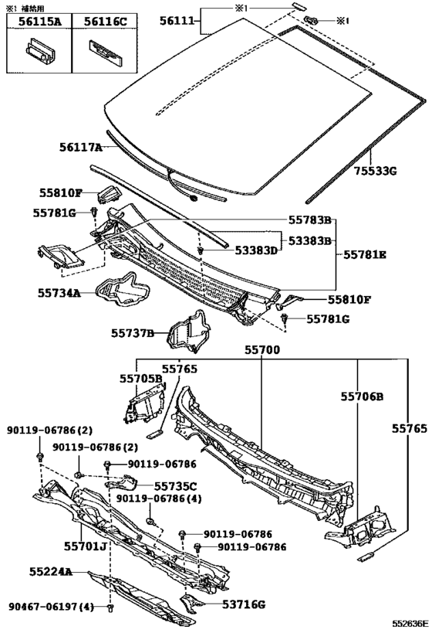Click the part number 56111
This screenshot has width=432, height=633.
(x=177, y=21)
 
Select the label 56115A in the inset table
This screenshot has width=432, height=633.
(x=39, y=22)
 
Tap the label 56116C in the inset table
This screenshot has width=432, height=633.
(x=105, y=22)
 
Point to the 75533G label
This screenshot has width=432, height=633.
(x=376, y=171)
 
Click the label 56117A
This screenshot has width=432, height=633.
(x=81, y=148)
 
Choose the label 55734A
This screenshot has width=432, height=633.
(x=59, y=293)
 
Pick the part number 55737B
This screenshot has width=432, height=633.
(x=133, y=333)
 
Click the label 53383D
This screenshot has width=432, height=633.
(x=257, y=250)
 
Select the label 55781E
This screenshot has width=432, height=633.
(x=365, y=255)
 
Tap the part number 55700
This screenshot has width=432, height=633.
(x=262, y=349)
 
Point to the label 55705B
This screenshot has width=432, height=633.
(x=140, y=379)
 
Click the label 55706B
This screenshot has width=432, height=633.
(x=363, y=396)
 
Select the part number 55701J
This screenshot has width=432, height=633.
(x=85, y=546)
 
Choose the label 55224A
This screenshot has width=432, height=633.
(x=51, y=572)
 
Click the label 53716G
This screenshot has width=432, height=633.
(x=244, y=604)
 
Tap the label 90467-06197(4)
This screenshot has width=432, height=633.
(x=51, y=607)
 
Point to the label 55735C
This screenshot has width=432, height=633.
(x=176, y=486)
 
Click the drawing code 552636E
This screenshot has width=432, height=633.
(x=411, y=624)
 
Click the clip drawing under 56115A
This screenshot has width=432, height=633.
(x=39, y=51)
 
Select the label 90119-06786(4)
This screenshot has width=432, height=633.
(x=159, y=499)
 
